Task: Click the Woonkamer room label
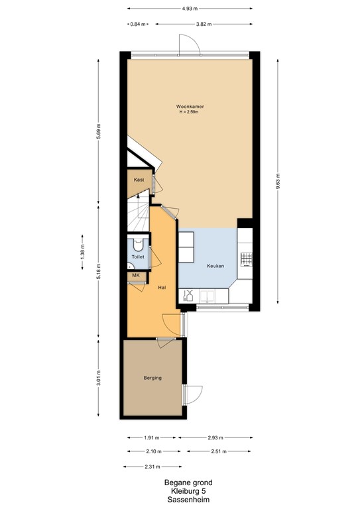click(x=189, y=106)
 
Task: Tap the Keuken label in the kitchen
click(x=215, y=266)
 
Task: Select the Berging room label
click(x=152, y=378)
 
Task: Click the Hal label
click(x=161, y=288)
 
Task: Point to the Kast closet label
click(x=139, y=180)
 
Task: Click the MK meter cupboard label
click(x=135, y=275)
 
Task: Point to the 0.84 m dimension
click(x=137, y=24)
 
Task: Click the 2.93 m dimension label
click(x=215, y=438)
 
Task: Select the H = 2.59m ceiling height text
click(x=189, y=112)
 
